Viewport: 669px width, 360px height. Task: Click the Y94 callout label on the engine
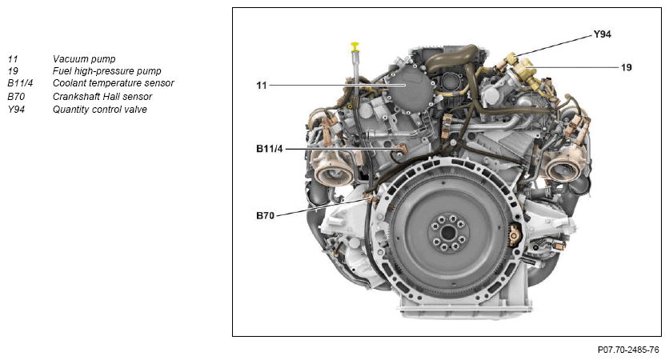[x=602, y=34]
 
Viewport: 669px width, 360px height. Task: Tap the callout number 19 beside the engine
[x=626, y=67]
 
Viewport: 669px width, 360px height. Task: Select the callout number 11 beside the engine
[x=261, y=86]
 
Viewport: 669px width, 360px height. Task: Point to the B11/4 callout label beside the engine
[x=269, y=149]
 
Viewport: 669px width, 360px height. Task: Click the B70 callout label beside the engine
[x=265, y=216]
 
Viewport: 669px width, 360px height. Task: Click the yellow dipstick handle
[x=355, y=46]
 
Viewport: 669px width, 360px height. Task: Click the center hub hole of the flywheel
[x=448, y=233]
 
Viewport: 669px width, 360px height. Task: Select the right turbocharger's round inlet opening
[x=563, y=170]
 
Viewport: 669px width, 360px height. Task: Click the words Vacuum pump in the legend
[x=84, y=59]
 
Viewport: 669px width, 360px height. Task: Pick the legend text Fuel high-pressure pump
[x=107, y=71]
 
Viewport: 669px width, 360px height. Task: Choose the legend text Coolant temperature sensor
[x=114, y=82]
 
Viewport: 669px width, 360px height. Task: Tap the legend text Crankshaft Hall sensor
[x=102, y=96]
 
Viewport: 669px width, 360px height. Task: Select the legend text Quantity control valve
[x=100, y=109]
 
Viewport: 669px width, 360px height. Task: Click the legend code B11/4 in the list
[x=20, y=82]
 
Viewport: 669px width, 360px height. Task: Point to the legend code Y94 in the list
[x=16, y=109]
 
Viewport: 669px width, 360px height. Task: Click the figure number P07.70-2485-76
[x=628, y=350]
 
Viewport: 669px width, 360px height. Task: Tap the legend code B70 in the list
[x=16, y=96]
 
